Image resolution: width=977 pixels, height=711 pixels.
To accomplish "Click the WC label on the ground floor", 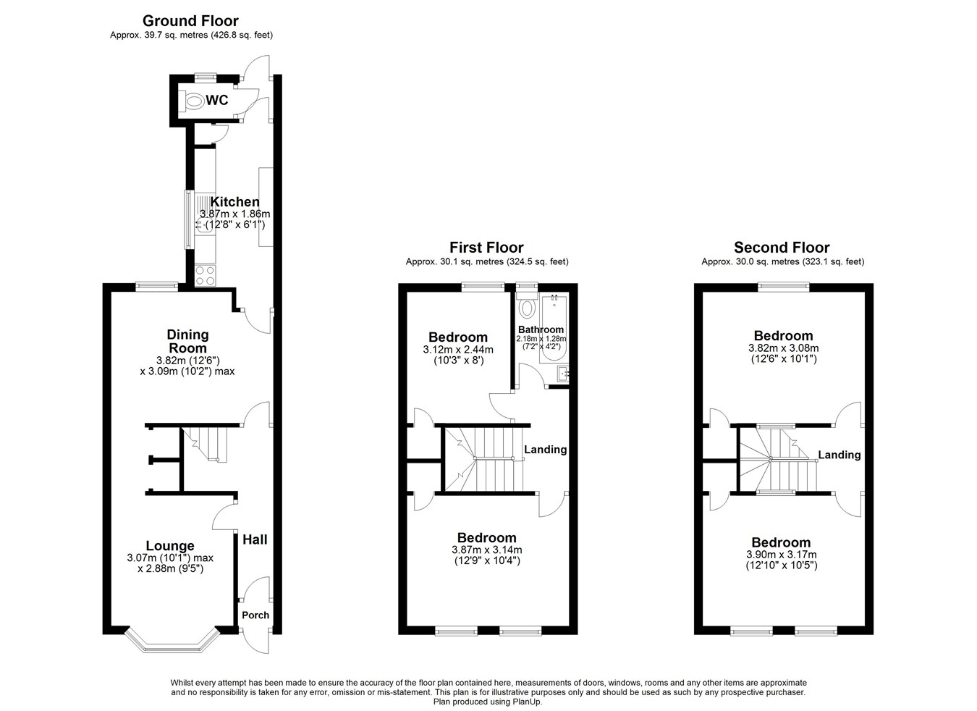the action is click(x=217, y=100).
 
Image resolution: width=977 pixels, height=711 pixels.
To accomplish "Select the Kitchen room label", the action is click(x=234, y=202).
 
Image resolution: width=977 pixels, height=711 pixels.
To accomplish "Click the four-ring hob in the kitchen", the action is click(x=205, y=275).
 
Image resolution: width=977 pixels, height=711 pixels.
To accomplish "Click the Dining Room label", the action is click(x=188, y=341).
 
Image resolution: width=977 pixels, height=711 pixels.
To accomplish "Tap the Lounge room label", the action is click(x=170, y=546).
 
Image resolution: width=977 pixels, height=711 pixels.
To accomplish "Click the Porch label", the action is click(x=255, y=615).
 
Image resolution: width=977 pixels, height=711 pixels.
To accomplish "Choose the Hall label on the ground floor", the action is click(x=255, y=539).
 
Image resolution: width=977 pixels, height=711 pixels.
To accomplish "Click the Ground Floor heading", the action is click(x=190, y=20).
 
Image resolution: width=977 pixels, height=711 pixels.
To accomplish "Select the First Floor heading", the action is click(x=486, y=248).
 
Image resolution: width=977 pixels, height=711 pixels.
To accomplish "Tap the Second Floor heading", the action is click(x=782, y=248).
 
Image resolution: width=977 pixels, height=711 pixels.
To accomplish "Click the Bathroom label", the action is click(x=541, y=329).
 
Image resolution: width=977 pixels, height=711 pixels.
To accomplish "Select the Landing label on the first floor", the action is click(x=545, y=449).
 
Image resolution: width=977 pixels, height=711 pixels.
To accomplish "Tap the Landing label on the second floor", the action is click(x=839, y=455).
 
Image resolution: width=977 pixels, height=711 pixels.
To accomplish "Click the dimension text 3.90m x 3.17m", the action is click(x=781, y=555).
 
